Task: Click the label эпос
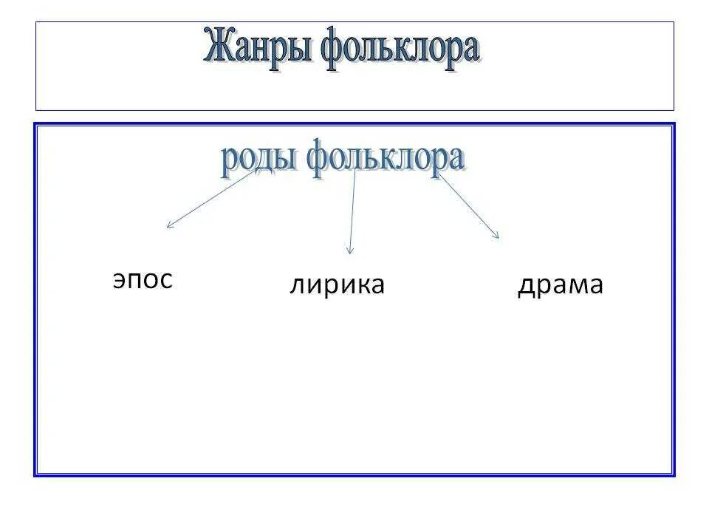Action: click(143, 279)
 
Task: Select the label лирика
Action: click(337, 285)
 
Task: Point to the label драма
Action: click(560, 285)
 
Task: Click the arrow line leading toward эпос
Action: click(210, 199)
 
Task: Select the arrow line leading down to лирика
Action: click(353, 214)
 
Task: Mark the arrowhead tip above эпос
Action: click(167, 227)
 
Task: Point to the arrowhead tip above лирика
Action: click(350, 254)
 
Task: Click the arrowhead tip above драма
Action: click(499, 238)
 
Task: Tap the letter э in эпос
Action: click(119, 280)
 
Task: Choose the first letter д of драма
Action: click(526, 286)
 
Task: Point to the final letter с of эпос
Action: click(165, 280)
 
